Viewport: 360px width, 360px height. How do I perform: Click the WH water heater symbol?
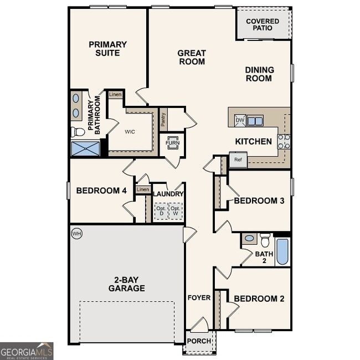[x=76, y=234]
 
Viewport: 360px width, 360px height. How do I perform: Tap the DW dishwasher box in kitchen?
[x=240, y=121]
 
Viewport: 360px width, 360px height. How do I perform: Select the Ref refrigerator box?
[x=238, y=160]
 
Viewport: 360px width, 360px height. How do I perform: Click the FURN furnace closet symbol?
[x=172, y=142]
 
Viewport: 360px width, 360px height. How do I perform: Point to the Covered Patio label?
[x=263, y=24]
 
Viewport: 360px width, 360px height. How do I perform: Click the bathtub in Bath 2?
[x=282, y=252]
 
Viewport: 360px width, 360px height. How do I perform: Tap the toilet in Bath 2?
[x=265, y=240]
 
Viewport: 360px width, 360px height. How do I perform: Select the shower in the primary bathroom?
[x=85, y=148]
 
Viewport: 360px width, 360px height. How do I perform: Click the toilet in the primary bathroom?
[x=78, y=132]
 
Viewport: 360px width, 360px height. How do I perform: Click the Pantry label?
[x=163, y=120]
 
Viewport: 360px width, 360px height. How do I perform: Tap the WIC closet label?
[x=130, y=132]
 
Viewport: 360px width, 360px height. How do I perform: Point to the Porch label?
[x=199, y=341]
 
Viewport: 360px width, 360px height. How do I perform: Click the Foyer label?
[x=199, y=297]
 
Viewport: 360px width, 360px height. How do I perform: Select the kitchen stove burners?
[x=284, y=142]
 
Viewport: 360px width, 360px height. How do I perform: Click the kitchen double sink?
[x=255, y=121]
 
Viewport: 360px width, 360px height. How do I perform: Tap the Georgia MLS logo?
[x=27, y=351]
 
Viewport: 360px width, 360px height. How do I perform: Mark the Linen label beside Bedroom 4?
[x=143, y=190]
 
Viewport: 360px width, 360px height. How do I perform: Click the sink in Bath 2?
[x=249, y=239]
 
